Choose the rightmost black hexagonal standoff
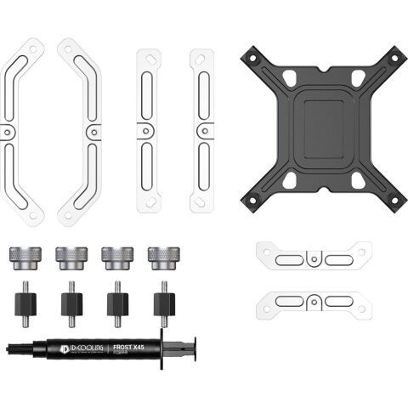(x=164, y=303)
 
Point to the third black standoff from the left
(x=117, y=303)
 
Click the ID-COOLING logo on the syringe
(x=83, y=348)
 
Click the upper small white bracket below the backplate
(x=314, y=255)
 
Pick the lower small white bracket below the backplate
(x=314, y=303)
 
